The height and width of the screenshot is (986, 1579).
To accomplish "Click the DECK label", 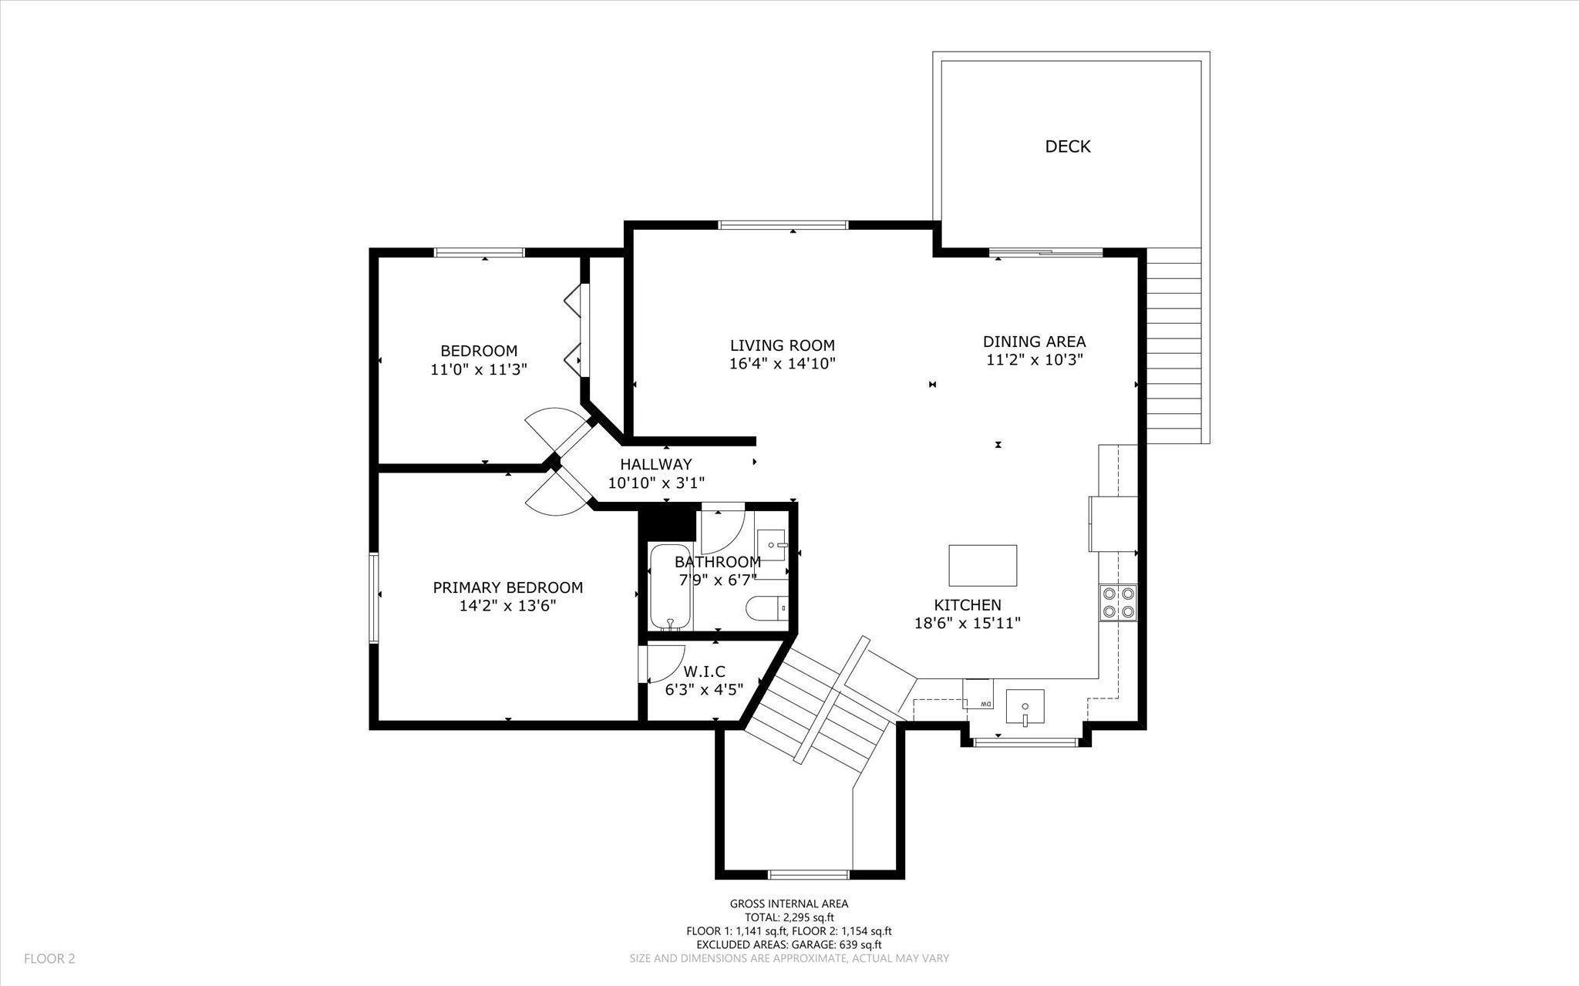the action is click(x=1068, y=146).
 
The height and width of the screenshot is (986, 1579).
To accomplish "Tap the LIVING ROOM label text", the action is click(x=783, y=345).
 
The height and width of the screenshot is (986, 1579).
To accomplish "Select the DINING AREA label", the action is click(x=1035, y=342).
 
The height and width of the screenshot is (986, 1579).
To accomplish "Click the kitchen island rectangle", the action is click(x=982, y=566).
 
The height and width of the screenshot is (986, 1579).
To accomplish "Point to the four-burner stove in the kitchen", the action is click(x=1118, y=602).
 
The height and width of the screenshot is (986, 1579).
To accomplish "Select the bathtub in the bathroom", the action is click(x=668, y=587).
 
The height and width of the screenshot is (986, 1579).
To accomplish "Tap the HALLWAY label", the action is click(x=656, y=465).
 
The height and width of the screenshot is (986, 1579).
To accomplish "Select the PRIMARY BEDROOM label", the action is click(x=508, y=587).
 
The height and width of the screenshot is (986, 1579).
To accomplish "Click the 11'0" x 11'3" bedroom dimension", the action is click(x=479, y=370).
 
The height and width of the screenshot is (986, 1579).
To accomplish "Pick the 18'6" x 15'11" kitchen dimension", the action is click(x=968, y=624).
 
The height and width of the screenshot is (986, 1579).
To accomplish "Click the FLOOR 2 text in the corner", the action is click(x=49, y=959).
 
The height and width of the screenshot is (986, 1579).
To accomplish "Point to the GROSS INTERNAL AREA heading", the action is click(x=789, y=904).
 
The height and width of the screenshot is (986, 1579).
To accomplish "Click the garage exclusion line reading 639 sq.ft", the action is click(x=789, y=944).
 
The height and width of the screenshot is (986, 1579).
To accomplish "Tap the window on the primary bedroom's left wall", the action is click(x=374, y=597).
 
